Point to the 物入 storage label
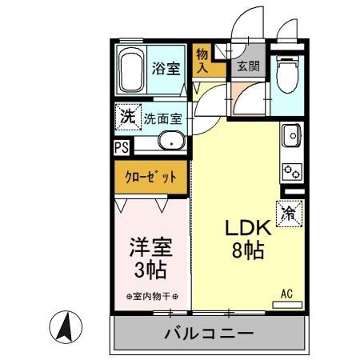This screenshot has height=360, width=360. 202,60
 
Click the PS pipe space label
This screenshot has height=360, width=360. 120,147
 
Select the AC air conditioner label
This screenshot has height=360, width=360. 286,294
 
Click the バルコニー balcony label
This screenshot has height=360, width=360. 209,334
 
